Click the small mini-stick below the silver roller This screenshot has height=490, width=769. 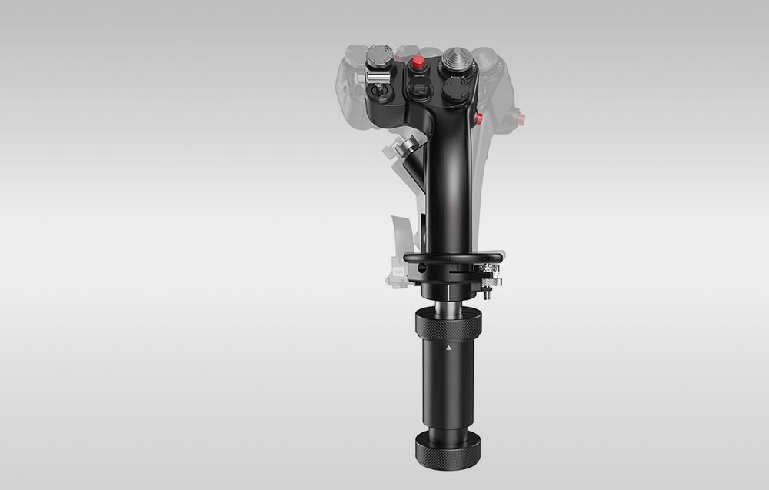[x=380, y=95]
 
